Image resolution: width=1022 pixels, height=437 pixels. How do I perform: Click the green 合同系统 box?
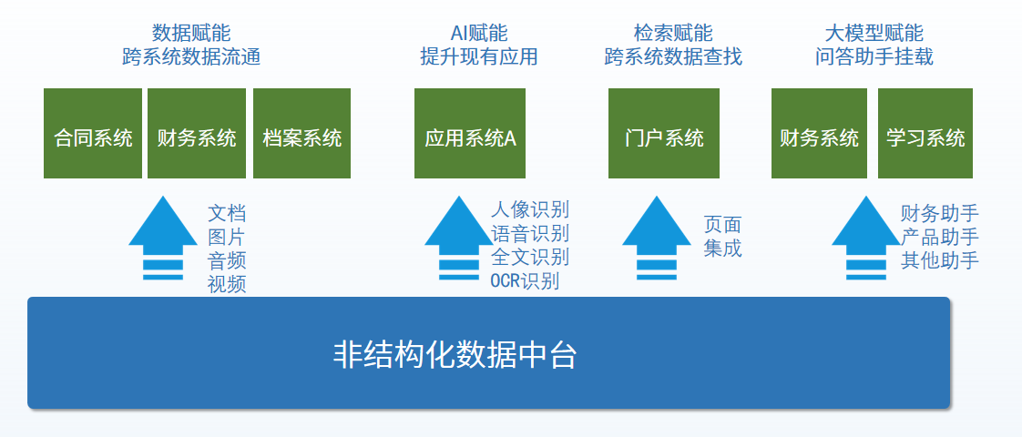(93, 134)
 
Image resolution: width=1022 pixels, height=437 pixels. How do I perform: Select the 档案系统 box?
(302, 134)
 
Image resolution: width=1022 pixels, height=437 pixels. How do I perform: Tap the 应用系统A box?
(470, 134)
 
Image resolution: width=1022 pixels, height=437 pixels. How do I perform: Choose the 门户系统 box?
(664, 134)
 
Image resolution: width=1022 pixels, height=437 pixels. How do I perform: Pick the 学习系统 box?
(925, 134)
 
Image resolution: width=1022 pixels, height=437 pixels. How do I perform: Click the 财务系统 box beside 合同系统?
(197, 134)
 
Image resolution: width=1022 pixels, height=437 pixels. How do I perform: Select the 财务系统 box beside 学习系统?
(820, 134)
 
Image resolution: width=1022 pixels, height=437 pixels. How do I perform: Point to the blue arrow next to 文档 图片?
(163, 237)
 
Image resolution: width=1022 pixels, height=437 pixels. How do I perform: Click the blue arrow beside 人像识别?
(459, 237)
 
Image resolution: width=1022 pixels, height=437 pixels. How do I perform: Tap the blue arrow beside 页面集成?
(657, 237)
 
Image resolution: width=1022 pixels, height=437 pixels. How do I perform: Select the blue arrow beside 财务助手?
(866, 237)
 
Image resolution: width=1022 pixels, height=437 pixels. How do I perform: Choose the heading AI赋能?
(479, 35)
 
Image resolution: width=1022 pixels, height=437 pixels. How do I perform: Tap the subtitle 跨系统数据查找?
(673, 57)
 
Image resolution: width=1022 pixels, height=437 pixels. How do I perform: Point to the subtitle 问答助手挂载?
(874, 57)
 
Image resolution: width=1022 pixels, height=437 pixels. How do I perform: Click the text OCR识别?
(525, 280)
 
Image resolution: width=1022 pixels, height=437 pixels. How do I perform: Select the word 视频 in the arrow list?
(227, 283)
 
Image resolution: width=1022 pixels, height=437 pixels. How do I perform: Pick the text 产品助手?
(940, 238)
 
